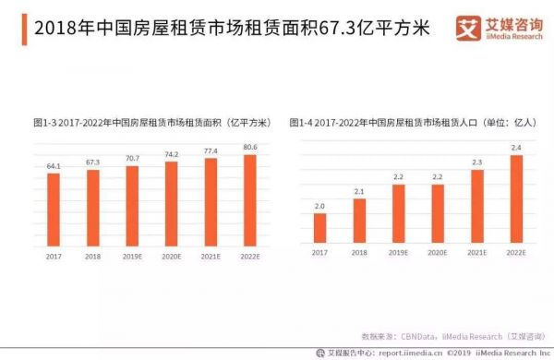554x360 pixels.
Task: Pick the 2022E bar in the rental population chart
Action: point(517,197)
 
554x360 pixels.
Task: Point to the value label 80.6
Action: point(250,148)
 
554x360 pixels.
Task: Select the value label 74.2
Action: point(172,154)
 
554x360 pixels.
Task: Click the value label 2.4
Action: point(517,148)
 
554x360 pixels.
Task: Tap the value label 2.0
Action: point(319,207)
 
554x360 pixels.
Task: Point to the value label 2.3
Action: point(477,162)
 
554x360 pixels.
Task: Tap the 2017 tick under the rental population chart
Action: point(319,252)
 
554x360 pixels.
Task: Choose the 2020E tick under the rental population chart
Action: point(438,252)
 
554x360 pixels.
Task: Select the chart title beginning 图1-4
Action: point(404,122)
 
